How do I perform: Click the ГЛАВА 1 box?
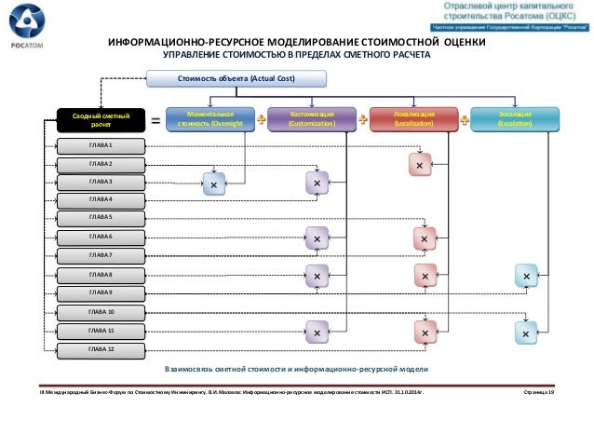(101, 146)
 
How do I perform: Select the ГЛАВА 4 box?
(101, 199)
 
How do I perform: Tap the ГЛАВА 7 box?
(101, 254)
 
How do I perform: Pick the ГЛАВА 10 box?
(101, 311)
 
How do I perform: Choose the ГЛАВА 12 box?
(101, 348)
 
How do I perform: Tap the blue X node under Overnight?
(214, 185)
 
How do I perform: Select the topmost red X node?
(420, 165)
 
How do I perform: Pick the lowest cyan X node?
(526, 332)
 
